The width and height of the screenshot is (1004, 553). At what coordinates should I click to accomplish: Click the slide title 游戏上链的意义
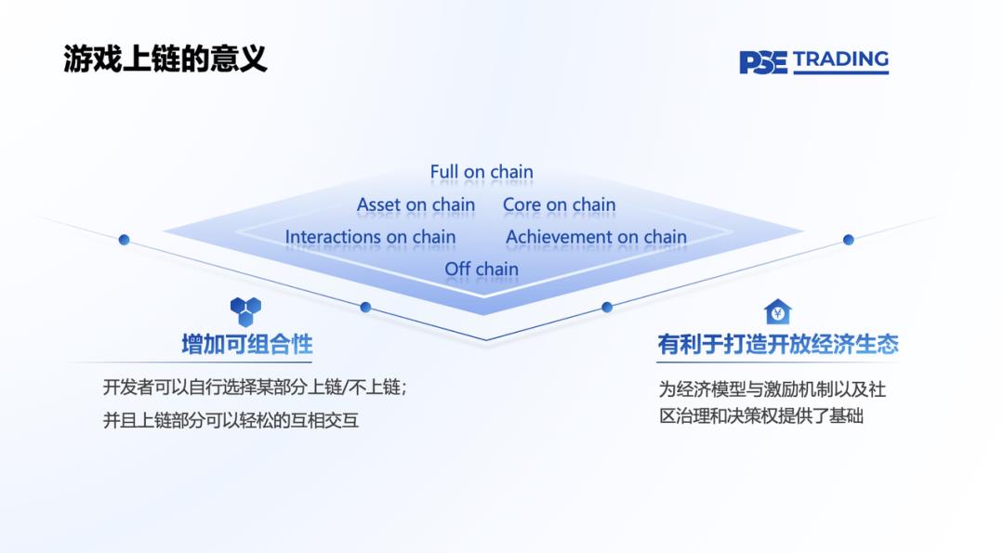(165, 59)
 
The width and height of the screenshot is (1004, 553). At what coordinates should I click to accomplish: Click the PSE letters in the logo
(762, 62)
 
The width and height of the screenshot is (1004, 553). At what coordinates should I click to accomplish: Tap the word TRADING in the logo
(840, 59)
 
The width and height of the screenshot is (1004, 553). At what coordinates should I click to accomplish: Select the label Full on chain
(482, 172)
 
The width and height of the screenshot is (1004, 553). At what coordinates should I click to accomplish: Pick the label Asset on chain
(416, 204)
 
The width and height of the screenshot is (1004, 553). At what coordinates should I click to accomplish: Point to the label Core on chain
(559, 204)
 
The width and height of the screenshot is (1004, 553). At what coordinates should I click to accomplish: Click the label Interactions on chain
(370, 237)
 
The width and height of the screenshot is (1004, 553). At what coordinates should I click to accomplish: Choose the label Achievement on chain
(596, 237)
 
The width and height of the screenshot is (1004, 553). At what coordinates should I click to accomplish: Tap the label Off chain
(482, 269)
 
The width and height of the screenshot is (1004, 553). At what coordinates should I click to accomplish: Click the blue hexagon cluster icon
(245, 311)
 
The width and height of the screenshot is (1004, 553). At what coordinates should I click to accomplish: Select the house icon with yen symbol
(778, 312)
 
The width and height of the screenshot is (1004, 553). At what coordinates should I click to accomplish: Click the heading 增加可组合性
(247, 344)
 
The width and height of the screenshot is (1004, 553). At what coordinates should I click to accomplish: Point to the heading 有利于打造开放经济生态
(778, 344)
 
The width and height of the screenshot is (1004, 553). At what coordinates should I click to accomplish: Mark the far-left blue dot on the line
(125, 240)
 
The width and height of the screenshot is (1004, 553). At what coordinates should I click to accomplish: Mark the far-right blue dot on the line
(849, 240)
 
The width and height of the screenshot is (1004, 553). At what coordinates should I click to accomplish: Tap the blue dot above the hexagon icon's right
(365, 308)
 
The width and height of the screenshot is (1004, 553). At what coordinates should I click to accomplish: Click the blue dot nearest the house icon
(607, 308)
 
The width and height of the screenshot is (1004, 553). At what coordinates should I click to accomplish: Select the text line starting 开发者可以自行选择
(255, 388)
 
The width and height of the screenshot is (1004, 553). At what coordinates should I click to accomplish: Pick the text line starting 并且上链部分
(231, 420)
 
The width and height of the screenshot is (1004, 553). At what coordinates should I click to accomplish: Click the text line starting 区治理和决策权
(761, 416)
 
